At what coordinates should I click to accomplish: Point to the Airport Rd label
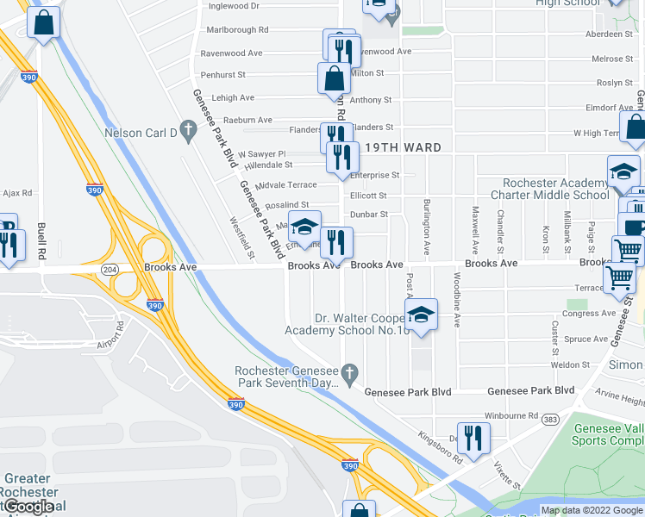pos(110,338)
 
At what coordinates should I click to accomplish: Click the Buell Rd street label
pos(41,241)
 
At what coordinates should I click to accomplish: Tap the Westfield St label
pos(241,237)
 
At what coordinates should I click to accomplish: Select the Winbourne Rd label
pos(512,415)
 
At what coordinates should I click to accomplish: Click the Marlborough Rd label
pos(233,29)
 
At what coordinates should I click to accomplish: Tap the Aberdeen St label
pos(608,34)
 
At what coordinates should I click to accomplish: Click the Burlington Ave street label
pos(426,227)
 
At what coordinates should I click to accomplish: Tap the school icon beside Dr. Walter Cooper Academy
pos(421,315)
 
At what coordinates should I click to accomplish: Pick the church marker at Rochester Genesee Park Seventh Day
pos(348,372)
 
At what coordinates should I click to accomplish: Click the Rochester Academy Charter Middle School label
pos(556,189)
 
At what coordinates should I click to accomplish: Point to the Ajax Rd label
pos(16,193)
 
